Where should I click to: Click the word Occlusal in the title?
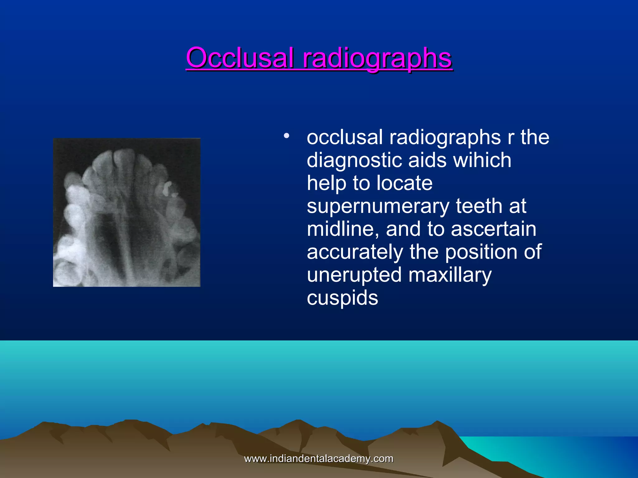tap(240, 58)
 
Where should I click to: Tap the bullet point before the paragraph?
tap(286, 136)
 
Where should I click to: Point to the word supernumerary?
tap(378, 207)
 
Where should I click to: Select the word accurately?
tap(355, 252)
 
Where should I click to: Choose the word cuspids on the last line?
tap(342, 298)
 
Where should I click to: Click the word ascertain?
tap(493, 229)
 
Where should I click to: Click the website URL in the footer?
tap(318, 459)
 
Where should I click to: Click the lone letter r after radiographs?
tap(510, 138)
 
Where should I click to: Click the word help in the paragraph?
tap(326, 183)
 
